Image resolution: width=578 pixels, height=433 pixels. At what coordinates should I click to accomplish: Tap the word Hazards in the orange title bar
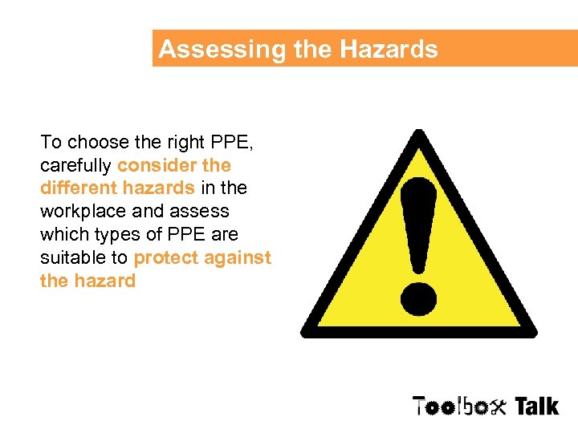click(389, 50)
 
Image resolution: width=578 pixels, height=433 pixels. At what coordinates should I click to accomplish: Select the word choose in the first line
click(96, 143)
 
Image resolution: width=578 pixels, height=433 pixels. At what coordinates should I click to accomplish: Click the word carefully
click(75, 166)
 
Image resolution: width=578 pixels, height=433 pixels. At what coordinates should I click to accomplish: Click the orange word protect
click(165, 258)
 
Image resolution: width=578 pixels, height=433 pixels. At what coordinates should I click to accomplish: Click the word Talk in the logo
click(536, 407)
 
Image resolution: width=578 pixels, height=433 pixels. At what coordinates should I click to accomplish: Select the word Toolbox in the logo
click(459, 407)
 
